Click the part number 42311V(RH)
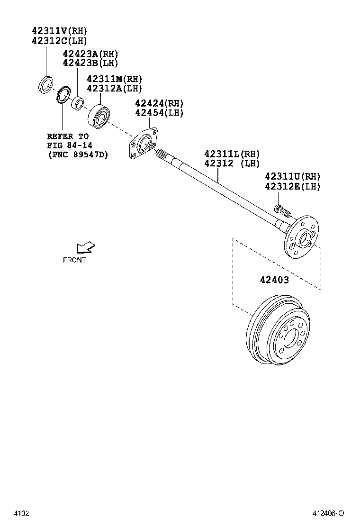pyautogui.click(x=60, y=31)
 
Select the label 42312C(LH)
pyautogui.click(x=60, y=41)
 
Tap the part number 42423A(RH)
pyautogui.click(x=90, y=54)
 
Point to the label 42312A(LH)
pyautogui.click(x=114, y=88)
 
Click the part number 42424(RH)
pyautogui.click(x=159, y=103)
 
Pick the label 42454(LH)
pyautogui.click(x=159, y=113)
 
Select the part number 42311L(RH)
pyautogui.click(x=232, y=154)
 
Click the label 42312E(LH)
pyautogui.click(x=293, y=186)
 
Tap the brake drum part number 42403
pyautogui.click(x=274, y=280)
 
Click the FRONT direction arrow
pyautogui.click(x=86, y=247)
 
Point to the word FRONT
pyautogui.click(x=75, y=260)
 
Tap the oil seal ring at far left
pyautogui.click(x=46, y=84)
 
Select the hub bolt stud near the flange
pyautogui.click(x=282, y=210)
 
